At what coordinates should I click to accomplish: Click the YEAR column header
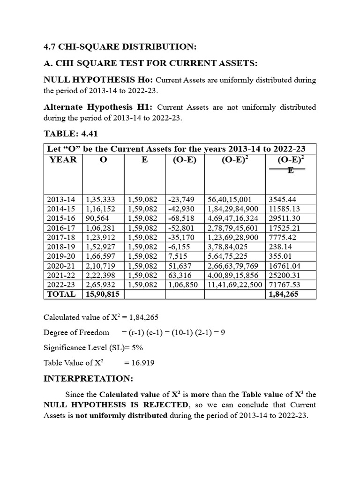[x=63, y=159]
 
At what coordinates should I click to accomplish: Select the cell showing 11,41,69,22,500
[x=235, y=285]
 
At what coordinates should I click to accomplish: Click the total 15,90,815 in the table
[x=102, y=294]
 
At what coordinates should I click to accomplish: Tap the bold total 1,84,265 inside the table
[x=284, y=294]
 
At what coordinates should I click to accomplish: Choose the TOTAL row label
[x=61, y=294]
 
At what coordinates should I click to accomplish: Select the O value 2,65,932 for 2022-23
[x=100, y=285]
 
